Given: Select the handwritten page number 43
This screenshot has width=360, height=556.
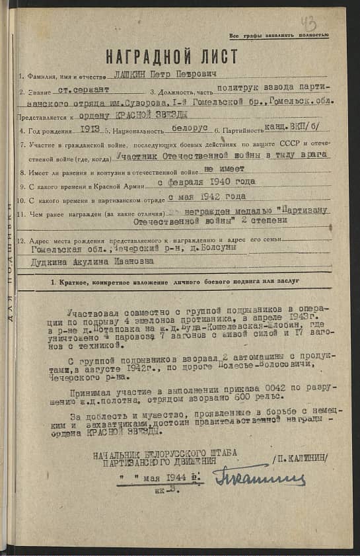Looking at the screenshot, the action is click(308, 24).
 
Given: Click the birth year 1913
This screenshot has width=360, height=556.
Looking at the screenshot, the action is click(89, 131).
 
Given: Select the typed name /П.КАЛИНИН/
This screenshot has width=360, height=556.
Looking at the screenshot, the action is click(301, 457).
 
